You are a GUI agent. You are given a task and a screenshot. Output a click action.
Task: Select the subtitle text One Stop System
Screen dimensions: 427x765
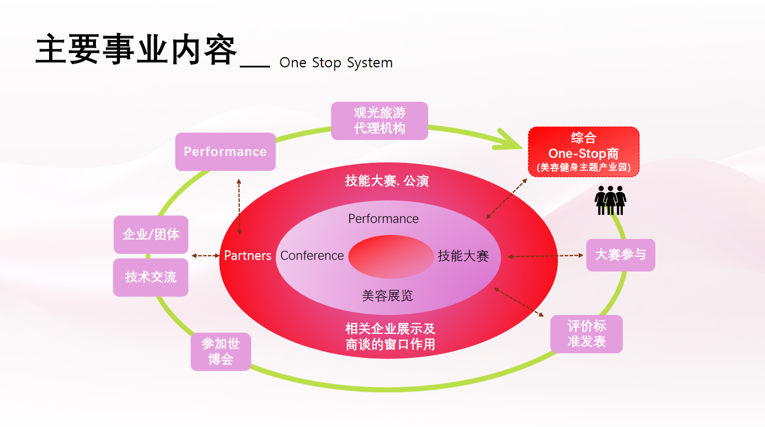(336, 63)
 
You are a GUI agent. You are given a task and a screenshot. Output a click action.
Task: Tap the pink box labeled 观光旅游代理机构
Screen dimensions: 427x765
(379, 121)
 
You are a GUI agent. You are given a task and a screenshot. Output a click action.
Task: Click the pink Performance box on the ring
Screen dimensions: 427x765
(225, 151)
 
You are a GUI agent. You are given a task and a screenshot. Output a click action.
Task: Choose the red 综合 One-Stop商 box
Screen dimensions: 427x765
(583, 152)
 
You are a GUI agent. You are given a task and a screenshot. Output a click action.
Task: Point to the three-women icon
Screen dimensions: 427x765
(610, 200)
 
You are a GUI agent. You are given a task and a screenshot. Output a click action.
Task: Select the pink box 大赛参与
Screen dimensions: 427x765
(621, 254)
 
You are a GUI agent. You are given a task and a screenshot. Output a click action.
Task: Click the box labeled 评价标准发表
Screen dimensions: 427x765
(586, 334)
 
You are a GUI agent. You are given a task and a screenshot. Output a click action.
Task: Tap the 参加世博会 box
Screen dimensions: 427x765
(220, 352)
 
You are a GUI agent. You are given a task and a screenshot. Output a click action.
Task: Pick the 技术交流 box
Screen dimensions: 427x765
(151, 277)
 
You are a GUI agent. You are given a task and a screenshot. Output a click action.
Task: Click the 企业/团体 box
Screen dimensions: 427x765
(151, 234)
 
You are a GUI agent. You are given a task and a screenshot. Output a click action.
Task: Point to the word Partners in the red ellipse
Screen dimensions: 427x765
(248, 256)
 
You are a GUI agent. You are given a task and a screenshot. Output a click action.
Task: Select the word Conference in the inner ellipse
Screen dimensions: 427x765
(312, 256)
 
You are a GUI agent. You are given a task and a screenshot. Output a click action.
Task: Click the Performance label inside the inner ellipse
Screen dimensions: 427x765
(383, 219)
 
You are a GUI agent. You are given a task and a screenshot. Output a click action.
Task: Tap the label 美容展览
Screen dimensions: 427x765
(387, 296)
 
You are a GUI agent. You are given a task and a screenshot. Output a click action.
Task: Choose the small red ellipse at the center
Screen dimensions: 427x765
(391, 257)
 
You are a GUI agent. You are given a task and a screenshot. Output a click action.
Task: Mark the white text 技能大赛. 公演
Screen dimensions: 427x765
(386, 181)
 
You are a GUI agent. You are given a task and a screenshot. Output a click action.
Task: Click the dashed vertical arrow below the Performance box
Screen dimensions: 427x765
(239, 206)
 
